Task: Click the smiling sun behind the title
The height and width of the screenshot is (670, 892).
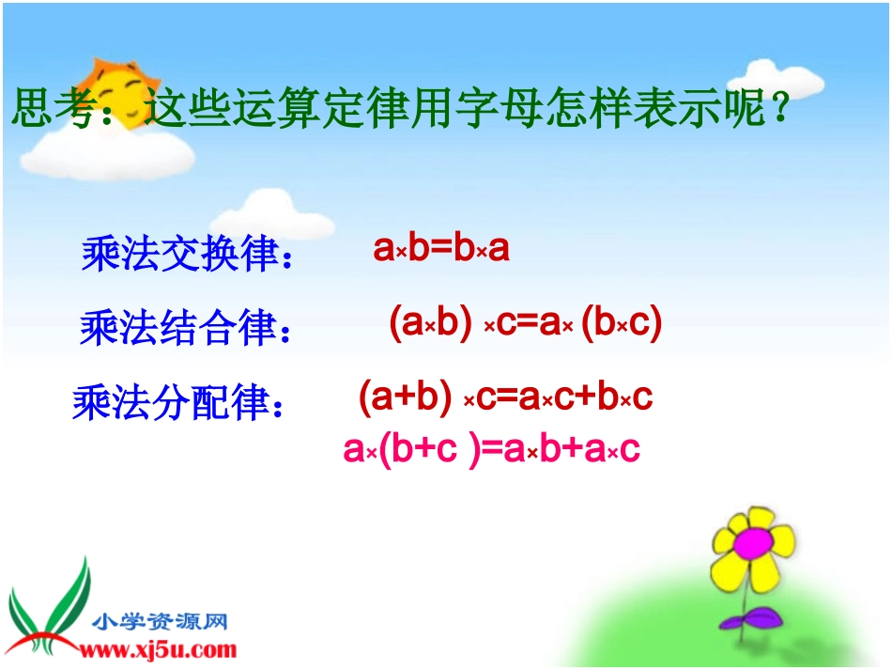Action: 120,94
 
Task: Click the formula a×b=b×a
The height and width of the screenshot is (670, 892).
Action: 441,248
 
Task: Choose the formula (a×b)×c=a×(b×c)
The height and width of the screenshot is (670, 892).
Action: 526,322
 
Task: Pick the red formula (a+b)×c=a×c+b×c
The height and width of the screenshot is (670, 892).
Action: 506,397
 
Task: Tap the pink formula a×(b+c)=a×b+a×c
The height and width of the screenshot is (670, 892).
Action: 491,448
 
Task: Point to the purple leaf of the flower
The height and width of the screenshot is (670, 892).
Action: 751,618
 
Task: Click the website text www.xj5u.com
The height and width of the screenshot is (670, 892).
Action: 158,649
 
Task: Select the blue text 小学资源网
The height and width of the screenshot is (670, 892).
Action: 160,621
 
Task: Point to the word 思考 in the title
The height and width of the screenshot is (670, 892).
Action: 54,107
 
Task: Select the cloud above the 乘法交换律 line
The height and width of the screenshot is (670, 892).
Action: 273,216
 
